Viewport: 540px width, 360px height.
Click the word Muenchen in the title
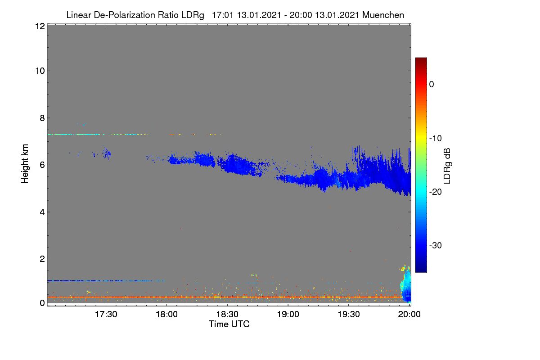383,15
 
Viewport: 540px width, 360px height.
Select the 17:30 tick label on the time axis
106,315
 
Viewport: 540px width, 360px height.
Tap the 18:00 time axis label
166,315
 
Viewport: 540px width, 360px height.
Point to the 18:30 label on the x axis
227,315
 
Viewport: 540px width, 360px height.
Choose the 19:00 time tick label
288,315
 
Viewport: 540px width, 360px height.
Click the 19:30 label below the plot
349,315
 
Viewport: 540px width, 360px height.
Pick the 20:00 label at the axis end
409,315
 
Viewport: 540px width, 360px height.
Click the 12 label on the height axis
40,26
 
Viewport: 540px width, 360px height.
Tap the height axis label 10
40,71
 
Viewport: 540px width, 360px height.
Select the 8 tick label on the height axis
43,118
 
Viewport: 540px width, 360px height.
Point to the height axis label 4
43,212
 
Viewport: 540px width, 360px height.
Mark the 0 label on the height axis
43,303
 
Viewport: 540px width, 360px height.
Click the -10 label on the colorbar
436,139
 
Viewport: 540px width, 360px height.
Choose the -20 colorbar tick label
436,192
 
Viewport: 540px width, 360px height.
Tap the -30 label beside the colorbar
436,245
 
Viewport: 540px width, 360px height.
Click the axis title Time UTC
229,324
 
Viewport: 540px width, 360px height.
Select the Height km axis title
25,164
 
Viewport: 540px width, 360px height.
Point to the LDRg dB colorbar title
447,166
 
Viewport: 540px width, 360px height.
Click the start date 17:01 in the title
223,15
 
